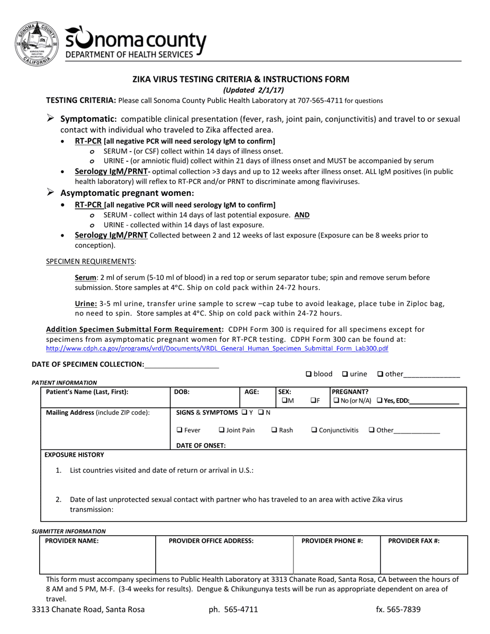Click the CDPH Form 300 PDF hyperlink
tap(217, 349)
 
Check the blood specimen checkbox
tap(308, 374)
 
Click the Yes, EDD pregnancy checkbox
tap(380, 401)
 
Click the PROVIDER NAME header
tap(72, 541)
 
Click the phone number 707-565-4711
tap(324, 101)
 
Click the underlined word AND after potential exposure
tap(302, 215)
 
